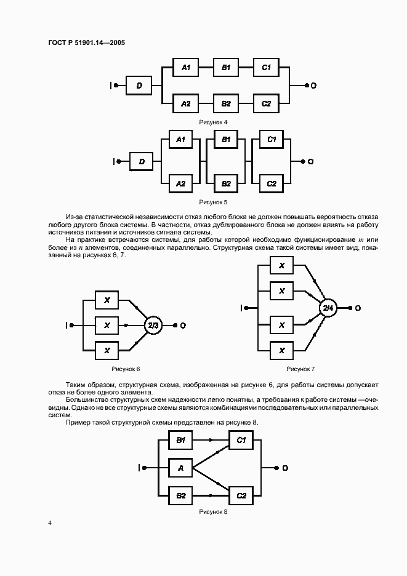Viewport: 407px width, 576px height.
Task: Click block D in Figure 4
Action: click(139, 86)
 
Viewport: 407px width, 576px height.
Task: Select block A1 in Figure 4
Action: click(185, 68)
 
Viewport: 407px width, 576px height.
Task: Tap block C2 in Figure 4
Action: click(266, 103)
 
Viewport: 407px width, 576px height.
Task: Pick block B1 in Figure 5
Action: click(226, 140)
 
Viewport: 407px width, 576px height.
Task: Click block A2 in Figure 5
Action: click(180, 183)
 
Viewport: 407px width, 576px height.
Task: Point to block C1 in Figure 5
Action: click(272, 140)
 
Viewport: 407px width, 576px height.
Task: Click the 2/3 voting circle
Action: click(153, 324)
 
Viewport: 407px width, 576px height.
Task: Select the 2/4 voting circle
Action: click(328, 307)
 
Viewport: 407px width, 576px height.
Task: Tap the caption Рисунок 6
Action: click(126, 369)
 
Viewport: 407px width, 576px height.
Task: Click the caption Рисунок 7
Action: click(300, 369)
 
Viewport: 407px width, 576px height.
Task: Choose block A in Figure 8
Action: click(180, 468)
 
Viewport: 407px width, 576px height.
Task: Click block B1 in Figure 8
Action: click(180, 440)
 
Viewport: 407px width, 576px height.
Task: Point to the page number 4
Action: click(49, 523)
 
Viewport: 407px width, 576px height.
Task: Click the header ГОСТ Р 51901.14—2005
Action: click(86, 42)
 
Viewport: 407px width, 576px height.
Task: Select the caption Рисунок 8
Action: click(213, 511)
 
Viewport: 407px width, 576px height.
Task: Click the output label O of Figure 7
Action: click(358, 308)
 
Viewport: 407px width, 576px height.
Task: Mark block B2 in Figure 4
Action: click(225, 103)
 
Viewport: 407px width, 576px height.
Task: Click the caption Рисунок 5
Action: click(213, 202)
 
